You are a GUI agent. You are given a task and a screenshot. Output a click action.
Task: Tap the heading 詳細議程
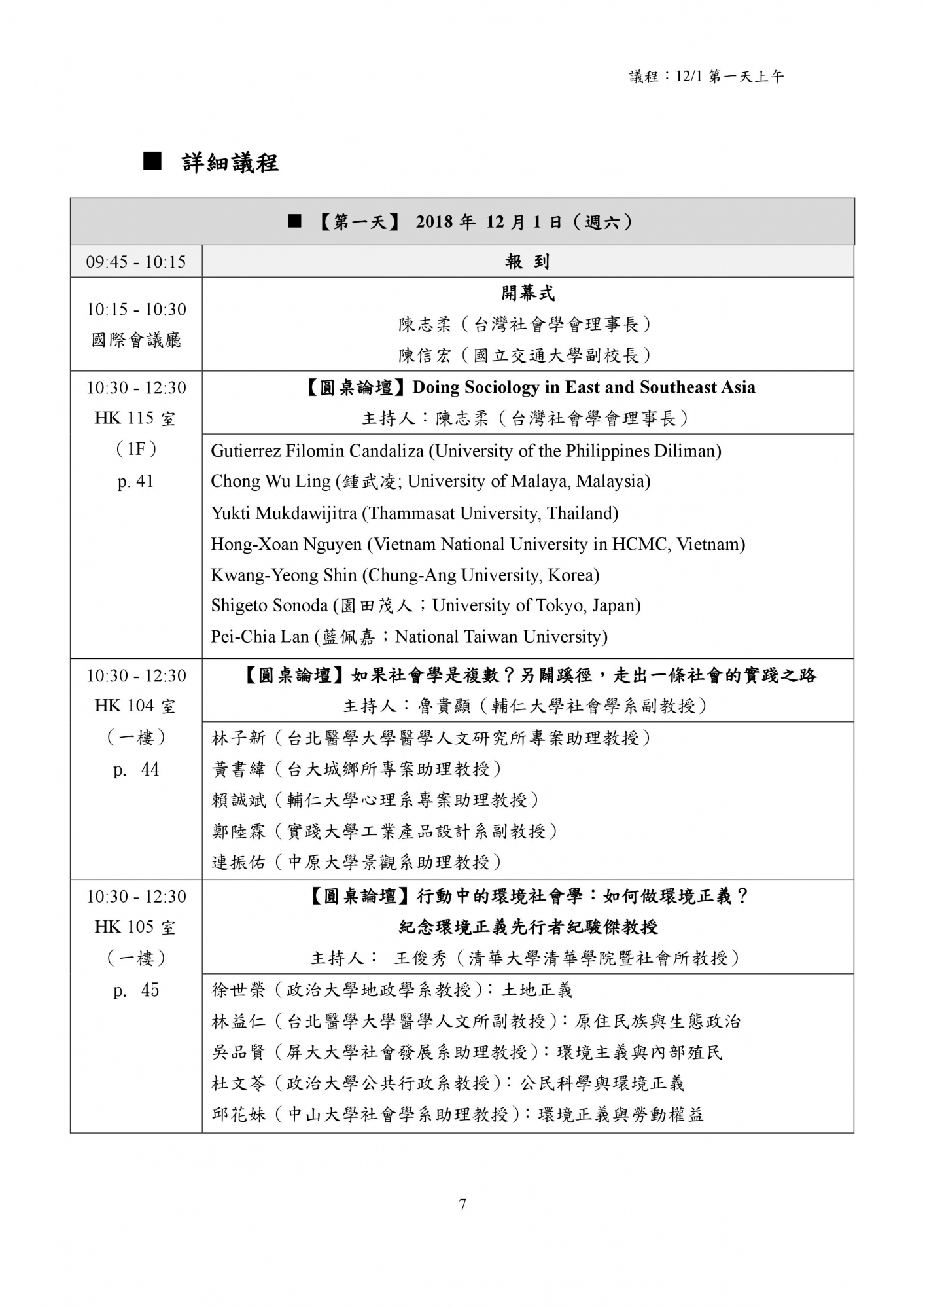(230, 162)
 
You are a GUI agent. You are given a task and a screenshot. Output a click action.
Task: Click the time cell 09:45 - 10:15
(136, 262)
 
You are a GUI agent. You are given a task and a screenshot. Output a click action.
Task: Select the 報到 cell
(527, 262)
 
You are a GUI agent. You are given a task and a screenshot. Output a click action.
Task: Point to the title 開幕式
(527, 293)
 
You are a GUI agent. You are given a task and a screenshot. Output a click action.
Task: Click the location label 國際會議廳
(136, 340)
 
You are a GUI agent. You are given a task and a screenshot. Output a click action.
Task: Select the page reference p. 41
(136, 482)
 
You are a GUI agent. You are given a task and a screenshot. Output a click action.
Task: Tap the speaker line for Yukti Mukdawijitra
(414, 513)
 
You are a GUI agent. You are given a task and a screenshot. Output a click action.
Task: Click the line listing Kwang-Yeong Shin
(405, 575)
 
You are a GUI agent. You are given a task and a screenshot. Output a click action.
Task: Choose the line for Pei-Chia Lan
(409, 637)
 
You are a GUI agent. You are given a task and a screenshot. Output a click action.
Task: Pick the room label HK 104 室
(135, 706)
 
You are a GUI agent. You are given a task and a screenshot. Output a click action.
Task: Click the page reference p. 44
(136, 770)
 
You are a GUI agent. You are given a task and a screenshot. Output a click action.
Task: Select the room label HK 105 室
(135, 927)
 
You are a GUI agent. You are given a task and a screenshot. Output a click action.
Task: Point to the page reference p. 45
(136, 990)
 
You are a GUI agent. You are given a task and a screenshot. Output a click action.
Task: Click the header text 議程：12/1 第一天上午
(707, 77)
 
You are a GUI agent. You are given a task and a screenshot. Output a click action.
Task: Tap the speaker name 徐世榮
(239, 990)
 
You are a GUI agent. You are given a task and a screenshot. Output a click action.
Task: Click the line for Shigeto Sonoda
(425, 606)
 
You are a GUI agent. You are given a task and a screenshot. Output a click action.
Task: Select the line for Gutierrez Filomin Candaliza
(466, 451)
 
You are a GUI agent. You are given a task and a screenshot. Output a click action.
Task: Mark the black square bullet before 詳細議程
(152, 161)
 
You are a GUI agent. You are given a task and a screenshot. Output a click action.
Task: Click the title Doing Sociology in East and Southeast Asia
(584, 387)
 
